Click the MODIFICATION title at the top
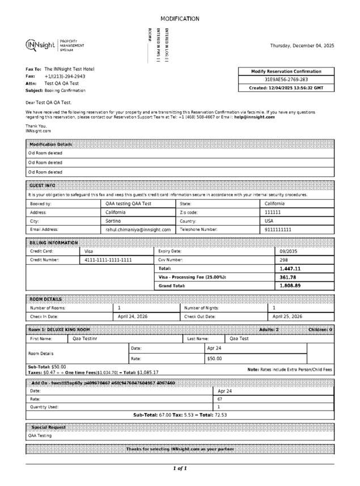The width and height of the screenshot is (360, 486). [x=180, y=19]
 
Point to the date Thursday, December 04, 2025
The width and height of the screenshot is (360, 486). [x=302, y=45]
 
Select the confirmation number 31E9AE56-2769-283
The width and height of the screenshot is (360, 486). [x=287, y=80]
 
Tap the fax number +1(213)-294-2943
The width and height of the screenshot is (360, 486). [x=65, y=76]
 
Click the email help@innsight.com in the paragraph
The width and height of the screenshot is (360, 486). [x=255, y=117]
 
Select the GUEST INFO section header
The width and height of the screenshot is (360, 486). [x=43, y=185]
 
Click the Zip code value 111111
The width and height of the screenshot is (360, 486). [x=273, y=212]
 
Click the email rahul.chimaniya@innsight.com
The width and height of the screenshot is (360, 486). [x=138, y=230]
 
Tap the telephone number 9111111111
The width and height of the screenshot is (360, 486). [x=278, y=230]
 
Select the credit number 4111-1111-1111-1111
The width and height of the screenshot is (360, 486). [x=108, y=260]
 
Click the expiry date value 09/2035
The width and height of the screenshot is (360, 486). [x=289, y=251]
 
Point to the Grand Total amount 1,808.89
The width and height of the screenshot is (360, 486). [x=290, y=286]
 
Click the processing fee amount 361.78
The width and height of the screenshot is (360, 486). [x=288, y=277]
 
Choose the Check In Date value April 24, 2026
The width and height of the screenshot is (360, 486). [x=133, y=316]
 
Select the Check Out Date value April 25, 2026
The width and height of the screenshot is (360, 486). [x=287, y=316]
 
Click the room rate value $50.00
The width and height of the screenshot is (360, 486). [x=214, y=359]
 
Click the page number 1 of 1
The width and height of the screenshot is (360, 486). [x=180, y=468]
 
